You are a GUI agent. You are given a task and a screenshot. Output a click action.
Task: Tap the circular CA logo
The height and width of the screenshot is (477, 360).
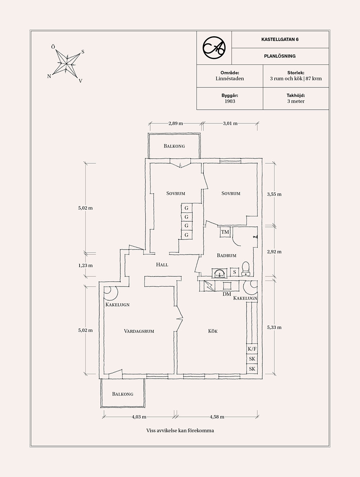tap(214, 48)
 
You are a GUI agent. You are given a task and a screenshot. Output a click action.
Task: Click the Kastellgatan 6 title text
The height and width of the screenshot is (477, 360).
tap(280, 39)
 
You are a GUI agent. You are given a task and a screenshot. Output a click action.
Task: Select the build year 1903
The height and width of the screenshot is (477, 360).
tap(230, 101)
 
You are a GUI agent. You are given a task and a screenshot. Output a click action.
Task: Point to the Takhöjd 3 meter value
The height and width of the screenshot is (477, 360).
tap(296, 101)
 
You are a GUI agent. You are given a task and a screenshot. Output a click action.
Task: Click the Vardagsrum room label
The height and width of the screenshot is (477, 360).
tap(139, 331)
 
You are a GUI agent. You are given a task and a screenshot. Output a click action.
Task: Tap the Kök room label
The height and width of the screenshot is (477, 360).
tap(213, 331)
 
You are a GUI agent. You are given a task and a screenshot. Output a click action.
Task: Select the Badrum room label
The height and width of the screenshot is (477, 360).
tap(226, 255)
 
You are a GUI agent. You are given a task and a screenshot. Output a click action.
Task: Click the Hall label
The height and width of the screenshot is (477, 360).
tap(162, 265)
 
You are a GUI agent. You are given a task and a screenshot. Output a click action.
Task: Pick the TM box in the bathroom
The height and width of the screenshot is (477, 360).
tap(225, 232)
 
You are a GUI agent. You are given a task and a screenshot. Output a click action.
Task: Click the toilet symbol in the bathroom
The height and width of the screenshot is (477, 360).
tap(246, 268)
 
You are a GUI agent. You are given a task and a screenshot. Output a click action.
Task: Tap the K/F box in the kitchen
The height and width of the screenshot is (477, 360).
tap(252, 349)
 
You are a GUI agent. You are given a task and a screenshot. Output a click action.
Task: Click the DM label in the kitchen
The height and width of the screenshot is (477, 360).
tap(227, 294)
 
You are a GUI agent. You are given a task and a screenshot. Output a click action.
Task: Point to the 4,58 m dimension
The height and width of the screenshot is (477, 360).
tap(217, 417)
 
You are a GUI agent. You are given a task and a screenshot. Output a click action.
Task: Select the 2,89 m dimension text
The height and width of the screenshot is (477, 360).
tap(176, 123)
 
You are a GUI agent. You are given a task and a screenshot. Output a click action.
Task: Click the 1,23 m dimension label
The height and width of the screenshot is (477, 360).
tap(85, 265)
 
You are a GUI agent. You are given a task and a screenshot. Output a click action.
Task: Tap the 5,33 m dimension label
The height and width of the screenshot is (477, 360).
tap(274, 327)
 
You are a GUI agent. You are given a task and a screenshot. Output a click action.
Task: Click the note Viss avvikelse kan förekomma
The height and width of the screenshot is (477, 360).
tap(180, 430)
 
